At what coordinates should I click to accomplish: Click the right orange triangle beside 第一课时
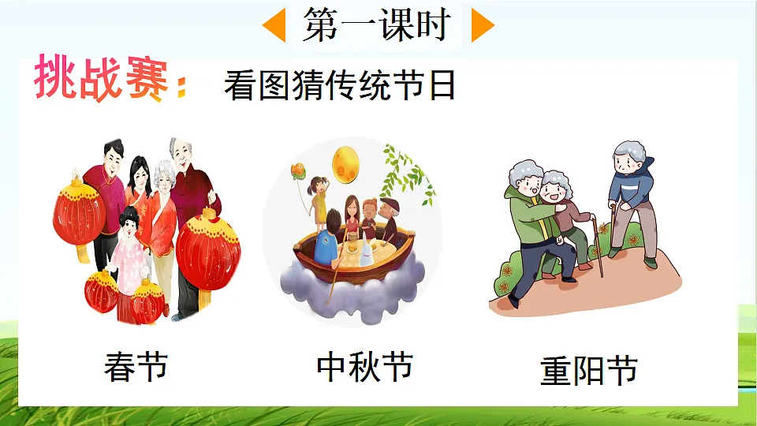coord(481,26)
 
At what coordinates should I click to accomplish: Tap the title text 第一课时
coord(376,25)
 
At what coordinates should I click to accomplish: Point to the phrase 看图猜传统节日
coord(340,84)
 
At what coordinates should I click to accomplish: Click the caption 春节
coord(136,367)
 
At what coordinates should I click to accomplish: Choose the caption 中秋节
coord(364,367)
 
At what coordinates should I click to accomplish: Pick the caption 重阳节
coord(588,371)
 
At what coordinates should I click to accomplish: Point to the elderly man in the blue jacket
coord(633,197)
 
